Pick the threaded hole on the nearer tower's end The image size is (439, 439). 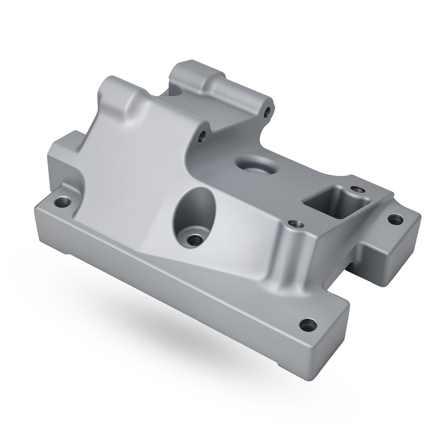point(203,135)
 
